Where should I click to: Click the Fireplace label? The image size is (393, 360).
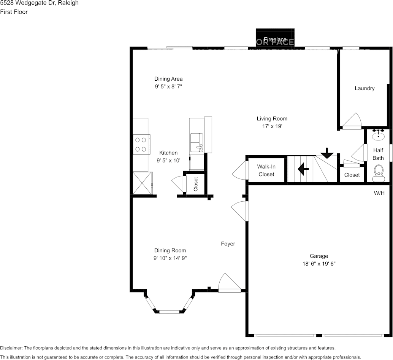[x=275, y=40]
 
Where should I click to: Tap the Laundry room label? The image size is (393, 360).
[x=364, y=88]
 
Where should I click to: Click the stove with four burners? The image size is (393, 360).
[x=141, y=145]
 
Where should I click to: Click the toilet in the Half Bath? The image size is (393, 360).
[x=378, y=173]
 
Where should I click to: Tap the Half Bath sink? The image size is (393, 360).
[x=378, y=135]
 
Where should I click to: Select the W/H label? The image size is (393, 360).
[x=379, y=193]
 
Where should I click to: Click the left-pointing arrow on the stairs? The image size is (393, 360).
[x=303, y=169]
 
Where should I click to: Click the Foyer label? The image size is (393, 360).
[x=228, y=244]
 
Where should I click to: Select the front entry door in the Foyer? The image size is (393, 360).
[x=230, y=284]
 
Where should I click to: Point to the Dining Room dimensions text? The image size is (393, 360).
[x=170, y=258]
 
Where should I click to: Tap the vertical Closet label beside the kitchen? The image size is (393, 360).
[x=196, y=184]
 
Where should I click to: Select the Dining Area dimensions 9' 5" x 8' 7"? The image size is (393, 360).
[x=168, y=87]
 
